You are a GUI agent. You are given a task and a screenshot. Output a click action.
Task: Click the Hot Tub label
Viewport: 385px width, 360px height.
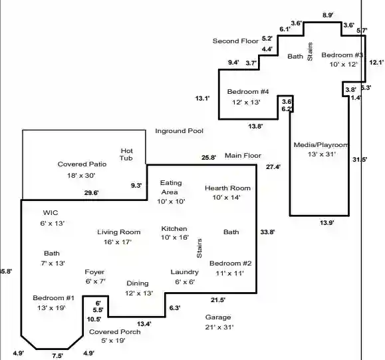pos(126,154)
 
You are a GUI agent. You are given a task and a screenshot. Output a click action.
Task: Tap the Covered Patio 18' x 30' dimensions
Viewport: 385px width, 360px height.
pos(81,176)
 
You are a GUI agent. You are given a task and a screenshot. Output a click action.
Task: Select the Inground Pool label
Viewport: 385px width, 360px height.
pos(180,131)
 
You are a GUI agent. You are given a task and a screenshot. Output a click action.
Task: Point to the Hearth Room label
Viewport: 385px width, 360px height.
pos(227,188)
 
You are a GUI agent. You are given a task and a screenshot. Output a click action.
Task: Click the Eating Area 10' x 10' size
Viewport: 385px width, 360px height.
pos(171,202)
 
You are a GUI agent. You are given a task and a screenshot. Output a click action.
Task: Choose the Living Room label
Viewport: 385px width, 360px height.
pos(119,232)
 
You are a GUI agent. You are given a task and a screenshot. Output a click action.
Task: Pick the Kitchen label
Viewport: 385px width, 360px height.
pos(174,228)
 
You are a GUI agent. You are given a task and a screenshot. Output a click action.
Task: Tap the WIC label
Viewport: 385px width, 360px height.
pos(51,212)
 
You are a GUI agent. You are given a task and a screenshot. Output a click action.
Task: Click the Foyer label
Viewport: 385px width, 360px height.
pos(94,272)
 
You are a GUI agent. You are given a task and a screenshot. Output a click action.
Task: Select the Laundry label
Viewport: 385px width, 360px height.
pos(185,272)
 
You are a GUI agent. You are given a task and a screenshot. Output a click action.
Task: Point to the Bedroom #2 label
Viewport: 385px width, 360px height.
pos(231,264)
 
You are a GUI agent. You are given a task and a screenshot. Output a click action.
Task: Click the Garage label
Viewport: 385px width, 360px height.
pos(218,317)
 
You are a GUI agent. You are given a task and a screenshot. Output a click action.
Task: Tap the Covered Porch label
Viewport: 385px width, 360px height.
pos(115,332)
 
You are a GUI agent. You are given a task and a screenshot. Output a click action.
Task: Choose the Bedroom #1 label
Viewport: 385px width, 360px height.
pos(53,298)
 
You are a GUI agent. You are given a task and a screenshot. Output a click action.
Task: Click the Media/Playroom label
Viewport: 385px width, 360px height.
pos(321,145)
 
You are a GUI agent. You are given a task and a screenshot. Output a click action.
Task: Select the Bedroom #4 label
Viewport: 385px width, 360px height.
pos(248,92)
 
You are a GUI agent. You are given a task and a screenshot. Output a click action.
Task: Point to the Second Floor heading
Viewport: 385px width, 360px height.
pos(235,41)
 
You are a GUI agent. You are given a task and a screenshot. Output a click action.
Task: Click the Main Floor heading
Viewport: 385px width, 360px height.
pos(243,156)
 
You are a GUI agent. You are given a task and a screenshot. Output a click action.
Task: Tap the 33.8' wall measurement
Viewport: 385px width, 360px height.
pos(267,232)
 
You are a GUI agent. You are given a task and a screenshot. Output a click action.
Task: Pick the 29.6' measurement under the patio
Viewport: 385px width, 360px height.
pos(91,193)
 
